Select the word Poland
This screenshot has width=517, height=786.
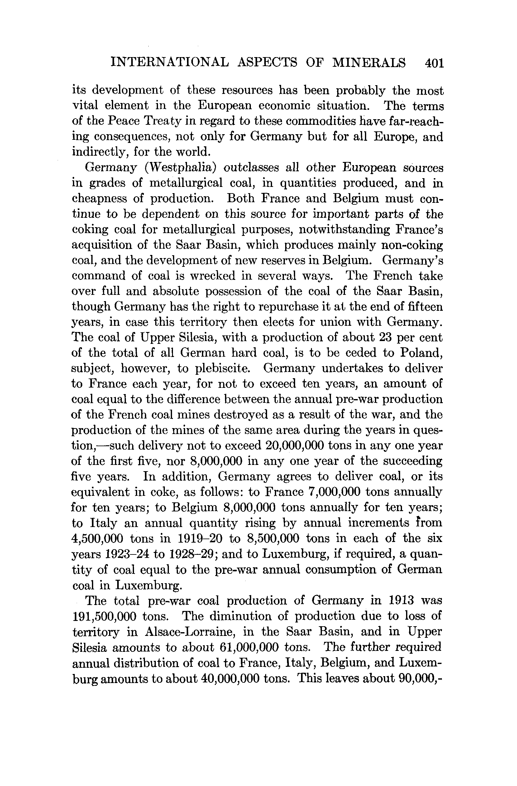[x=421, y=353]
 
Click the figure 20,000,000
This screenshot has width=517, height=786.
[x=298, y=446]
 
